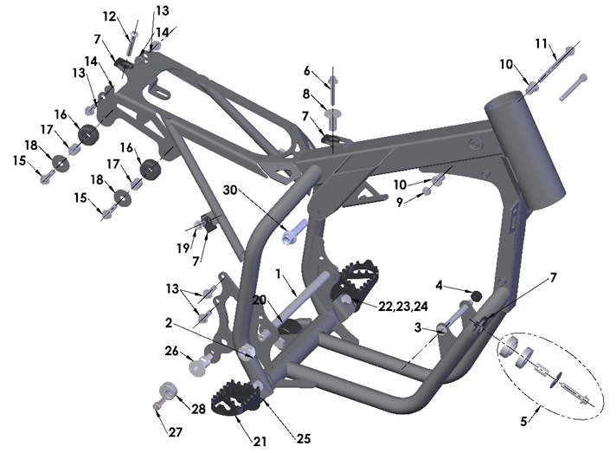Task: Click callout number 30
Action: click(x=230, y=191)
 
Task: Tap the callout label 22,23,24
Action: click(x=402, y=307)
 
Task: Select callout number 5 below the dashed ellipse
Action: click(x=523, y=422)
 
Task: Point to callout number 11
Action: click(x=542, y=43)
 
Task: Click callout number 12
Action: click(x=110, y=16)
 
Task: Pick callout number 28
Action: click(x=198, y=409)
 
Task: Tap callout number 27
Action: click(x=176, y=432)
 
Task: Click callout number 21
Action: click(x=260, y=442)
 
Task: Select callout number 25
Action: click(x=304, y=438)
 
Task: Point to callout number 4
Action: click(x=439, y=286)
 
